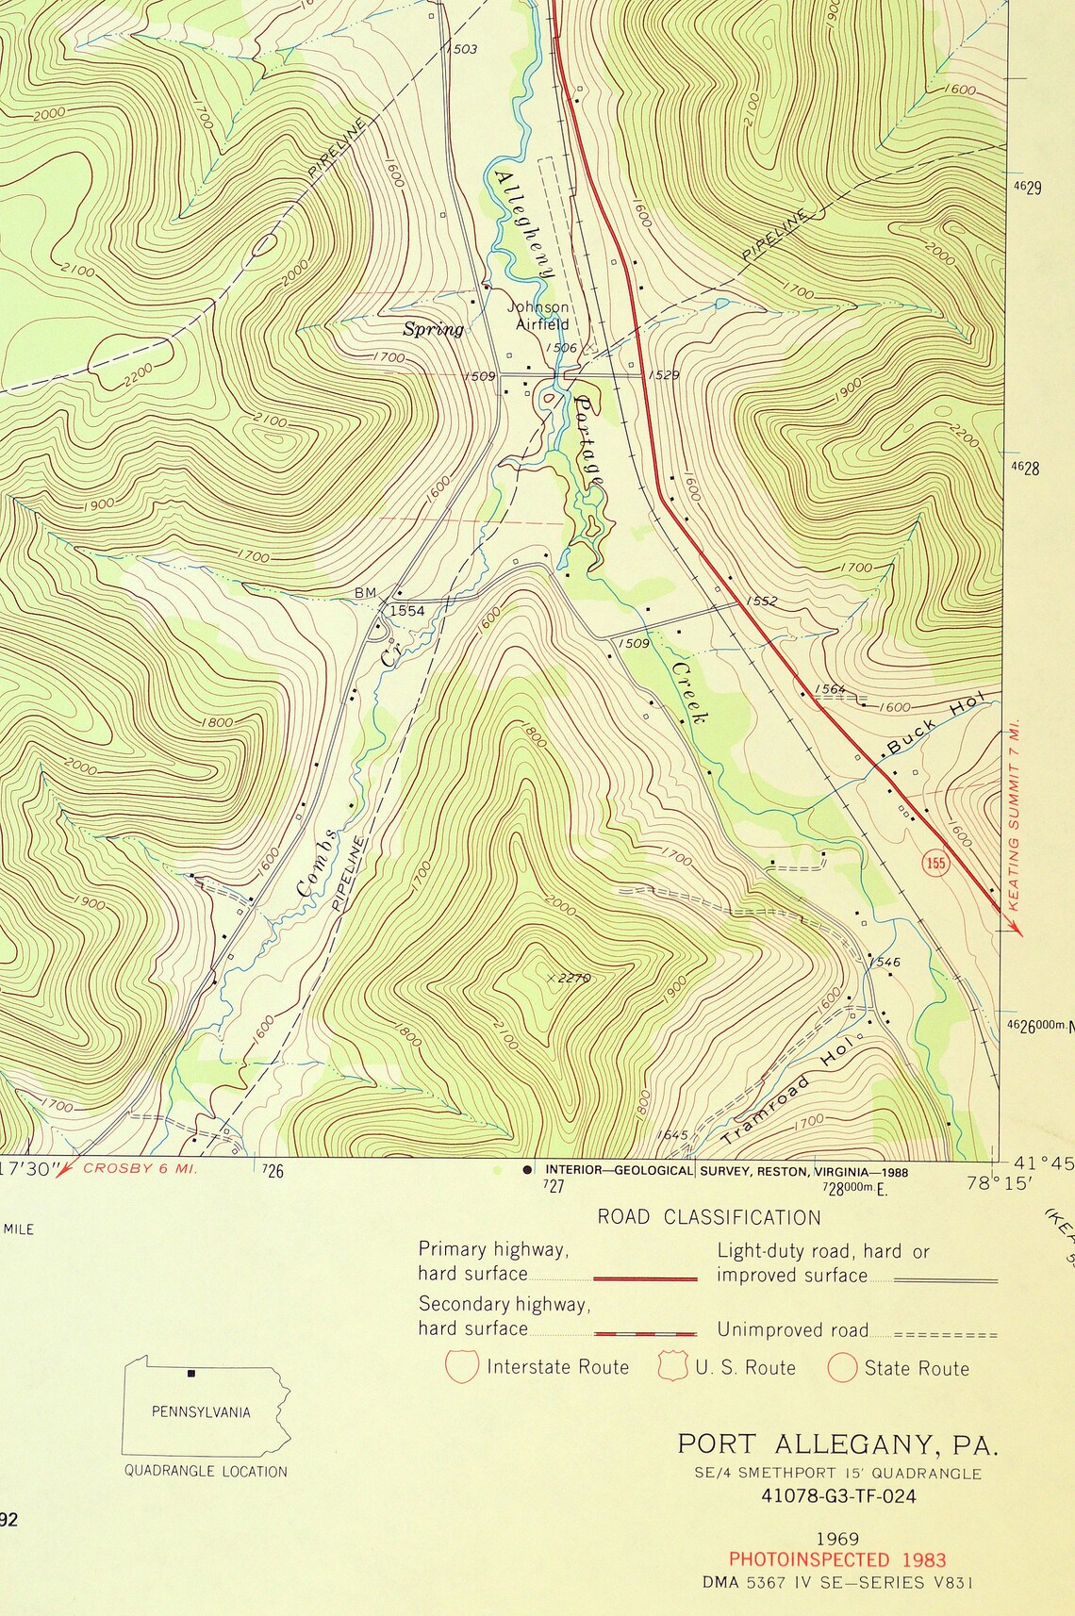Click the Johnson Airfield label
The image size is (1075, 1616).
[539, 316]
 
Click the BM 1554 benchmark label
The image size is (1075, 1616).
[390, 601]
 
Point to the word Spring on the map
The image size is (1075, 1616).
[434, 329]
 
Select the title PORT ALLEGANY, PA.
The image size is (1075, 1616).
[836, 1444]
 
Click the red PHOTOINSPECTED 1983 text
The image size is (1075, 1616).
[836, 1560]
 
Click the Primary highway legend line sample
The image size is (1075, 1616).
[645, 1279]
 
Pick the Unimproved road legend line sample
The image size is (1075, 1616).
[945, 1335]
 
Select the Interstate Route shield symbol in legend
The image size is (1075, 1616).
[462, 1367]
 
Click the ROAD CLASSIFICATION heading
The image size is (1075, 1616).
[708, 1217]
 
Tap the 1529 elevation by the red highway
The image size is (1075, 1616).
[664, 375]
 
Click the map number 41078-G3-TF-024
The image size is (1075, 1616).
[838, 1496]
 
